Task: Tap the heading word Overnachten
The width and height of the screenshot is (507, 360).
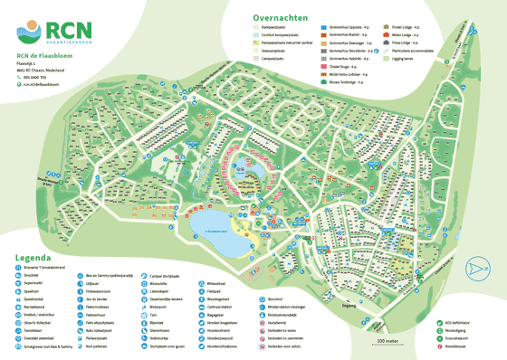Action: [x=282, y=16]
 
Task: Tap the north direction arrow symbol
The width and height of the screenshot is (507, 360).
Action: [x=477, y=267]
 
